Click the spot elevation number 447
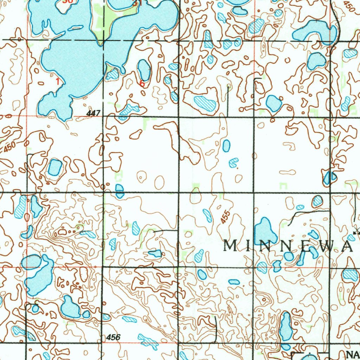[94, 113]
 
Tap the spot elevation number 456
[113, 337]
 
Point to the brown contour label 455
[226, 217]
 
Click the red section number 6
[142, 84]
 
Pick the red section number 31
[137, 3]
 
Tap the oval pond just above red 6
[143, 70]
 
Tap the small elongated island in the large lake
[76, 28]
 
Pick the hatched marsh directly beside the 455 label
[207, 216]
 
